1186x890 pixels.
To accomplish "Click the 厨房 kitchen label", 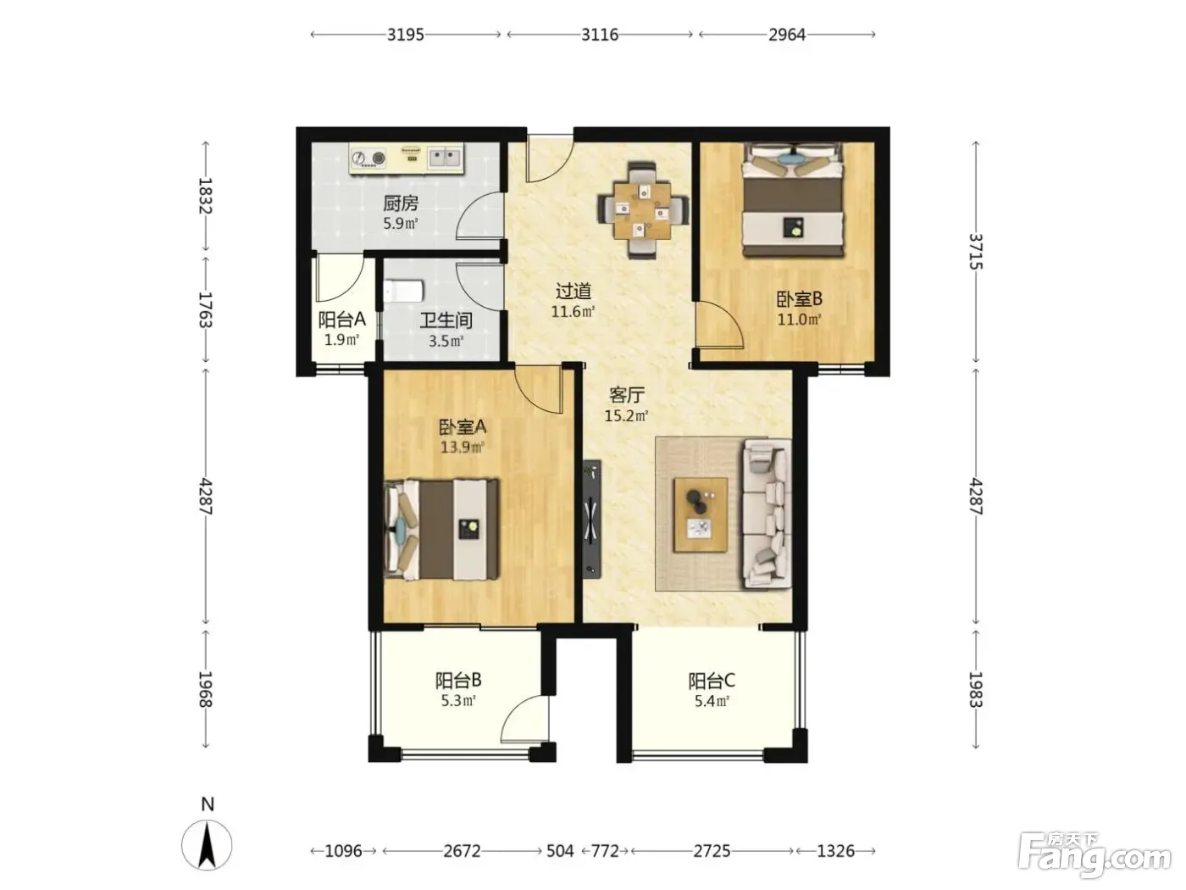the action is pyautogui.click(x=401, y=203).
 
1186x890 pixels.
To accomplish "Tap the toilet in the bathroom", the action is pyautogui.click(x=402, y=291).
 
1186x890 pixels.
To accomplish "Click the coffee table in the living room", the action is pyautogui.click(x=701, y=515).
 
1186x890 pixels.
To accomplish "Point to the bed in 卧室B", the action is pyautogui.click(x=793, y=200).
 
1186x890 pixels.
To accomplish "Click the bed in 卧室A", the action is pyautogui.click(x=441, y=529).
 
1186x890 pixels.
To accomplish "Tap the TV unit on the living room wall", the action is pyautogui.click(x=592, y=519).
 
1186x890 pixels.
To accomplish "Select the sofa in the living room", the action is pyautogui.click(x=768, y=514).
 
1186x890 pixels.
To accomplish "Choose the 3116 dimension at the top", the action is pyautogui.click(x=600, y=35).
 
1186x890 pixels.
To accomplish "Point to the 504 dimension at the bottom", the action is pyautogui.click(x=560, y=851).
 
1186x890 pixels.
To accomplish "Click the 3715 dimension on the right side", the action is pyautogui.click(x=976, y=252).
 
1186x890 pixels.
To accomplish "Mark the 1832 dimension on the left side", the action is pyautogui.click(x=205, y=196).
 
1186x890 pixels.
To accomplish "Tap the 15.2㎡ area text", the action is pyautogui.click(x=626, y=415).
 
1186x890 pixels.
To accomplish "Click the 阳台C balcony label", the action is pyautogui.click(x=712, y=681).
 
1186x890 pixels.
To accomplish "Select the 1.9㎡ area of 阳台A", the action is pyautogui.click(x=341, y=339).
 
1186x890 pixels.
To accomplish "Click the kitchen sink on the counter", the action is pyautogui.click(x=446, y=158).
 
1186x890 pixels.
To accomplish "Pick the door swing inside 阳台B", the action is pyautogui.click(x=524, y=719).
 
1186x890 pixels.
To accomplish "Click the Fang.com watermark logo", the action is pyautogui.click(x=1095, y=853).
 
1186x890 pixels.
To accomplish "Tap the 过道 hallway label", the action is pyautogui.click(x=574, y=292).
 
